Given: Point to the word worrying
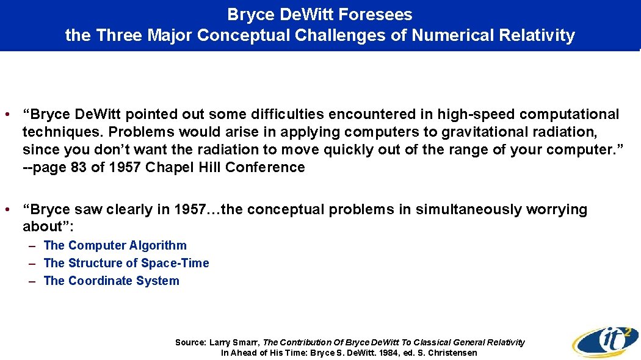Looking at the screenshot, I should click(556, 209).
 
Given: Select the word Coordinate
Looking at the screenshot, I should click(103, 281).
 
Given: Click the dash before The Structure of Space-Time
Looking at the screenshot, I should click(35, 263).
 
